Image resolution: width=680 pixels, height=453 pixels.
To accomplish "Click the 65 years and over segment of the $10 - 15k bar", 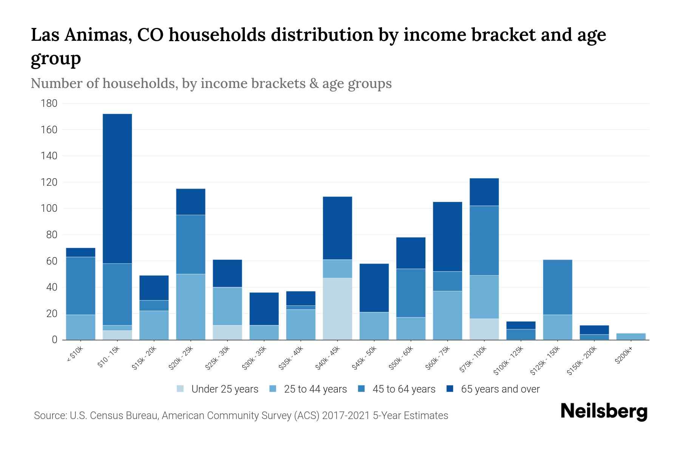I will (x=117, y=189).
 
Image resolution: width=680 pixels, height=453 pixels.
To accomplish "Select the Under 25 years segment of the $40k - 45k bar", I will (x=337, y=309).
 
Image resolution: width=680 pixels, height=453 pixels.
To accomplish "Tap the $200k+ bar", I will (x=631, y=336).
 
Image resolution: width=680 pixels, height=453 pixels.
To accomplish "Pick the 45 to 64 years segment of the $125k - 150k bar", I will (x=558, y=287).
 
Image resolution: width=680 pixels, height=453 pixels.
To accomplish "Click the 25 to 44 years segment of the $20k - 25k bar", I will (x=191, y=307).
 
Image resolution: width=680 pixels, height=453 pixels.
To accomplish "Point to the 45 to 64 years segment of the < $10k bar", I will (x=80, y=286).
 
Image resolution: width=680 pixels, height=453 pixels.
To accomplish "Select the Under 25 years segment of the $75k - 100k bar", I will (x=484, y=329).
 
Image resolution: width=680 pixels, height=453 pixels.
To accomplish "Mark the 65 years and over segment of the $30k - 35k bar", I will (x=264, y=309).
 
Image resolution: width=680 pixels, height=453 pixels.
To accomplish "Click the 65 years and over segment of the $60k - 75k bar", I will (x=447, y=237).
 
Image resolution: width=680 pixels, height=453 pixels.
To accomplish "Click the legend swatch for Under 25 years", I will (x=181, y=388).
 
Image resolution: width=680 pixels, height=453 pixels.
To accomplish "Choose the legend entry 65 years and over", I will (x=500, y=389).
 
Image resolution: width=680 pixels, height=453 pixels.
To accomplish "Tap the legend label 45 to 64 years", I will (x=404, y=389).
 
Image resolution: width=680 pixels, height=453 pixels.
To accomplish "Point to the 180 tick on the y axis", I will (x=49, y=103).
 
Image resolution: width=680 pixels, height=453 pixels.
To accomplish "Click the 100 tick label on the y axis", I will (x=49, y=208).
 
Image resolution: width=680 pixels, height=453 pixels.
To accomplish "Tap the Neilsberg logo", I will (x=604, y=411).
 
